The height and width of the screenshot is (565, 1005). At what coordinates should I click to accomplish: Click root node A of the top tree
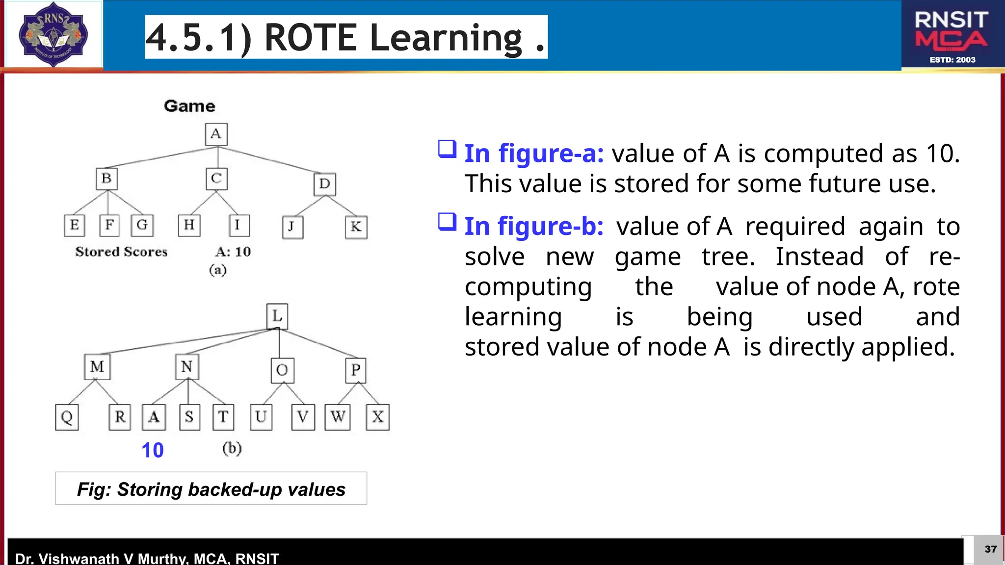pyautogui.click(x=216, y=134)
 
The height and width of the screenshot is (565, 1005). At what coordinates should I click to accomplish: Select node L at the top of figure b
pyautogui.click(x=277, y=316)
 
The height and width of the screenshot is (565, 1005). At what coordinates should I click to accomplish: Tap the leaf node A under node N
pyautogui.click(x=154, y=417)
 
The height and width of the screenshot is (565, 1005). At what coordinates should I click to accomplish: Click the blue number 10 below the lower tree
pyautogui.click(x=152, y=450)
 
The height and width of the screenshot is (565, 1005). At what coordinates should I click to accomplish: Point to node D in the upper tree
pyautogui.click(x=324, y=184)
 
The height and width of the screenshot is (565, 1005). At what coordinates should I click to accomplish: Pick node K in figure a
pyautogui.click(x=356, y=227)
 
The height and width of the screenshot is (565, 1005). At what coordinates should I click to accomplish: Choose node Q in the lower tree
pyautogui.click(x=67, y=417)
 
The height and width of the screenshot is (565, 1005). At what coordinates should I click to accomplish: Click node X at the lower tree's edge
pyautogui.click(x=378, y=417)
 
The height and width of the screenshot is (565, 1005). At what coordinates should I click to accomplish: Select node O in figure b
pyautogui.click(x=282, y=370)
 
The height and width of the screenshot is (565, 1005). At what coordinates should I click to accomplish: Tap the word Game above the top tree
pyautogui.click(x=189, y=106)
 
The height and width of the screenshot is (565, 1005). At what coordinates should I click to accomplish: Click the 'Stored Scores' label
pyautogui.click(x=121, y=252)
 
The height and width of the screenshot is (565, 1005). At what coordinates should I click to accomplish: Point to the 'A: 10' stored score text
pyautogui.click(x=233, y=252)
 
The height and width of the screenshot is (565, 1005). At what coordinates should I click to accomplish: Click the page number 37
pyautogui.click(x=990, y=549)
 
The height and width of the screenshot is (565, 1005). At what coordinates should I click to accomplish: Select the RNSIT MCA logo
pyautogui.click(x=952, y=35)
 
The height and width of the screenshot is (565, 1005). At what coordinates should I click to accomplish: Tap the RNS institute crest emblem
pyautogui.click(x=53, y=34)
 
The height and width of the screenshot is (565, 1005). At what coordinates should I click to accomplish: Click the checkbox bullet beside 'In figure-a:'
pyautogui.click(x=447, y=149)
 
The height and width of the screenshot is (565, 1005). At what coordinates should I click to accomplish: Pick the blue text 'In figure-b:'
pyautogui.click(x=534, y=227)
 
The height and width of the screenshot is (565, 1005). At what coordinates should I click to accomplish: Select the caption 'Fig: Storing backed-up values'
pyautogui.click(x=211, y=489)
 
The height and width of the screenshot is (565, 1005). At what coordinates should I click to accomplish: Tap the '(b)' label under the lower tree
pyautogui.click(x=232, y=448)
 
